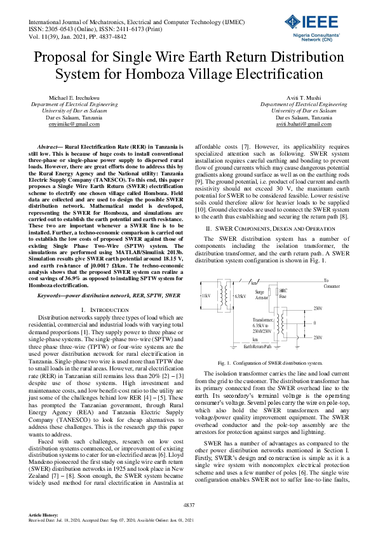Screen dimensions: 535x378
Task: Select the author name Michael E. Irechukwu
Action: [x=71, y=98]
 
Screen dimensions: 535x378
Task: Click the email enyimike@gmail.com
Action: [x=71, y=125]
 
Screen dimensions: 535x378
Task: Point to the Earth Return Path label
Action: [x=257, y=346]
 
